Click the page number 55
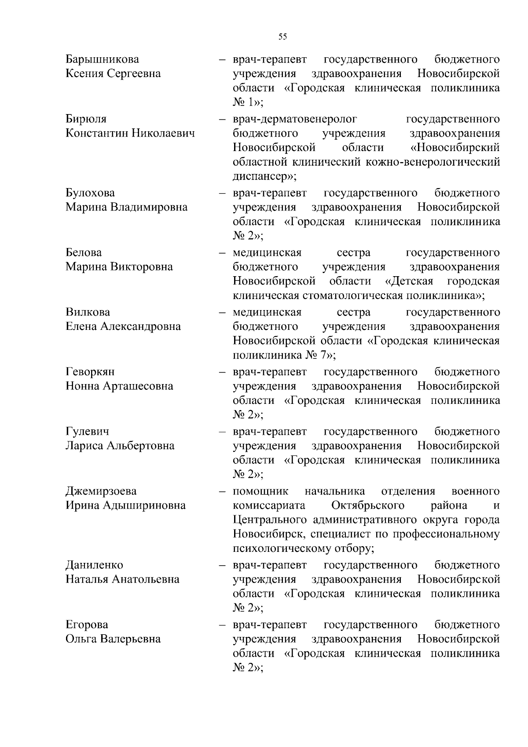[283, 37]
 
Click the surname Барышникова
[102, 59]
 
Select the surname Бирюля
[86, 119]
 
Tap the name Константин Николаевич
[130, 133]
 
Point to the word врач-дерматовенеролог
[294, 119]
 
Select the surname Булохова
[90, 193]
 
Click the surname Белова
[84, 252]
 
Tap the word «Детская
[409, 281]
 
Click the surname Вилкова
[88, 312]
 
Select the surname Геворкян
[90, 372]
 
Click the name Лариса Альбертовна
[120, 446]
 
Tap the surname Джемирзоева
[101, 491]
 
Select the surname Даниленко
[95, 565]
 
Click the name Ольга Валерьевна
[113, 639]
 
